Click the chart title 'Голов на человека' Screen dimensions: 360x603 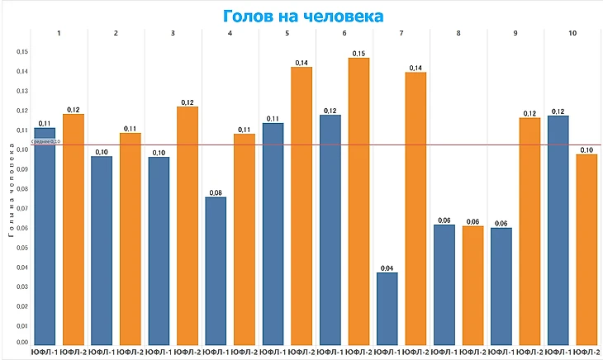301,16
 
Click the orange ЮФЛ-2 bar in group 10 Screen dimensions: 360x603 586,249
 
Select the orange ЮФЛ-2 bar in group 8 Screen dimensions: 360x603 472,284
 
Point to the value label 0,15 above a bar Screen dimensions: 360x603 358,54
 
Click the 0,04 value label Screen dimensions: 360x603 387,268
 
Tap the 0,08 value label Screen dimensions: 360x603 216,192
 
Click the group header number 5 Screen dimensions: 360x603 287,33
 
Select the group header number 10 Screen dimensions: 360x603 572,33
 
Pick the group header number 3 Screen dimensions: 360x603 173,33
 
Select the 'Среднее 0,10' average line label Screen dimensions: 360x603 46,142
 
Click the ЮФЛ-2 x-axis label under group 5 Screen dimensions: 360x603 301,353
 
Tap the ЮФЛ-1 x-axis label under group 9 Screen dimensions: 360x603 501,353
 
